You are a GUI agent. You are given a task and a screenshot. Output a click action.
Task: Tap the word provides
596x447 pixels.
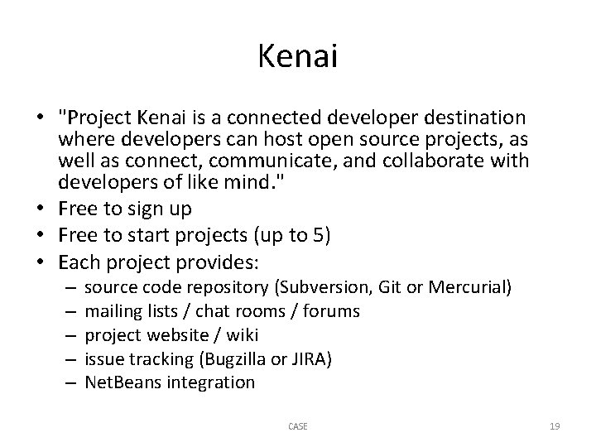pyautogui.click(x=221, y=263)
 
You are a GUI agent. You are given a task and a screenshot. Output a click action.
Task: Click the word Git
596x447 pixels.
pyautogui.click(x=387, y=287)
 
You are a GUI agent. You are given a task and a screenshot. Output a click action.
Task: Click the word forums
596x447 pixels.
pyautogui.click(x=331, y=311)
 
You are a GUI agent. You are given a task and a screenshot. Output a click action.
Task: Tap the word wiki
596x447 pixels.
pyautogui.click(x=242, y=335)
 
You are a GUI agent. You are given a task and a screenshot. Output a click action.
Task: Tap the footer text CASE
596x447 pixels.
pyautogui.click(x=297, y=426)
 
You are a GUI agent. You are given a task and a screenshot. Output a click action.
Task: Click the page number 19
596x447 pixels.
pyautogui.click(x=555, y=426)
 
